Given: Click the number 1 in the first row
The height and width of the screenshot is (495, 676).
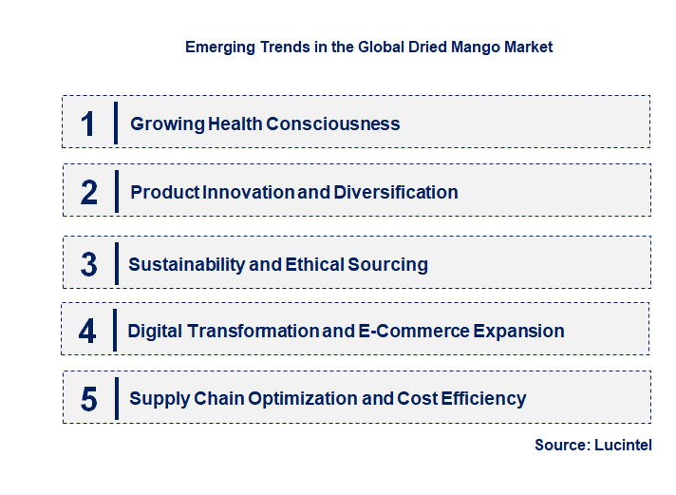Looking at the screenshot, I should (x=87, y=124).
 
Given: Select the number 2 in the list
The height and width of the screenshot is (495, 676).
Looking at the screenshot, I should (x=89, y=192).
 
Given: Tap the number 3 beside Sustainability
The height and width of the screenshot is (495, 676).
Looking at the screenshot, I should (x=88, y=264).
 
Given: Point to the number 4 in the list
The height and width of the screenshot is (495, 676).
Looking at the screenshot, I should (x=87, y=331).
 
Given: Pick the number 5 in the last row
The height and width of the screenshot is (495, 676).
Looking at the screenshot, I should (x=88, y=399).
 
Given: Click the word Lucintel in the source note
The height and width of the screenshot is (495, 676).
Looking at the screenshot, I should (x=623, y=445).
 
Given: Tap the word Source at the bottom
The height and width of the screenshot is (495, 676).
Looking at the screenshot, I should (x=561, y=445).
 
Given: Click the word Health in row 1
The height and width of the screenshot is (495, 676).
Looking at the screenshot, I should (x=230, y=124).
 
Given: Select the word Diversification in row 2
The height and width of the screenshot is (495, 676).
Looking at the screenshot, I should (x=395, y=192).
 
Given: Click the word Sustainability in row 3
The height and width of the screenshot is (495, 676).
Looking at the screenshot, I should (x=186, y=264).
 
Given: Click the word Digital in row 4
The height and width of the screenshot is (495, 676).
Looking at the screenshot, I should (x=156, y=331).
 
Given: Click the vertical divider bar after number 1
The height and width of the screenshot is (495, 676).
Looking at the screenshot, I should (x=115, y=123).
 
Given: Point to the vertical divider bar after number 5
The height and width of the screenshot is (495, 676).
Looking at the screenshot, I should (x=115, y=398).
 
